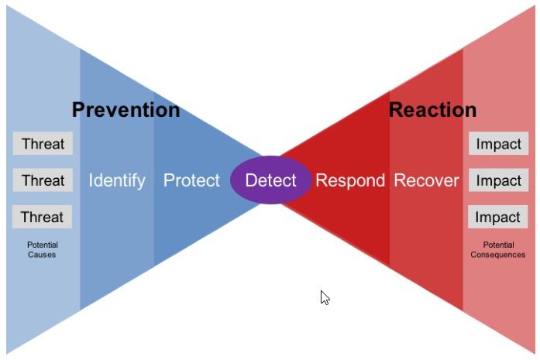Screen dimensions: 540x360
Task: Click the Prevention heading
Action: (126, 110)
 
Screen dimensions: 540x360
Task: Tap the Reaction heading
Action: (432, 110)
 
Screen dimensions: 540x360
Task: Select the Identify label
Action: (117, 180)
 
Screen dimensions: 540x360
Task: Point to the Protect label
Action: (191, 180)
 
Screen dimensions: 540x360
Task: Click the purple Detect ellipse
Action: (270, 180)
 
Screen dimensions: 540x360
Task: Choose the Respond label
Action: (350, 180)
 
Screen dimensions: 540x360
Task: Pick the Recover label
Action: (426, 180)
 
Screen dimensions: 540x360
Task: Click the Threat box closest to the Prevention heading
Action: (43, 143)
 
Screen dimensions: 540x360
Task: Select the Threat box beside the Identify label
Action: (43, 180)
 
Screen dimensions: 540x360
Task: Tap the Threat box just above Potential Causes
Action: (42, 217)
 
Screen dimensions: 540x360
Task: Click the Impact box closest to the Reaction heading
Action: (498, 143)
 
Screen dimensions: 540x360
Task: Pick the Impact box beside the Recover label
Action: (498, 180)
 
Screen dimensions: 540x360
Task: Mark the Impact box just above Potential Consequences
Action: (497, 217)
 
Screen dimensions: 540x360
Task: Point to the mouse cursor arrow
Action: (325, 298)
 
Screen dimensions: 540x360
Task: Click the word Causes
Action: (42, 255)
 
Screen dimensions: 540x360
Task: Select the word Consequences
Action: (498, 255)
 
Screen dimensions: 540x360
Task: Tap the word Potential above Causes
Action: (43, 245)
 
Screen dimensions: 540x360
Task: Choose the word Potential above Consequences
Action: (498, 245)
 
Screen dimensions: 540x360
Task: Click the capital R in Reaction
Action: (395, 110)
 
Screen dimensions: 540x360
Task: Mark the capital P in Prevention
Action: (78, 110)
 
